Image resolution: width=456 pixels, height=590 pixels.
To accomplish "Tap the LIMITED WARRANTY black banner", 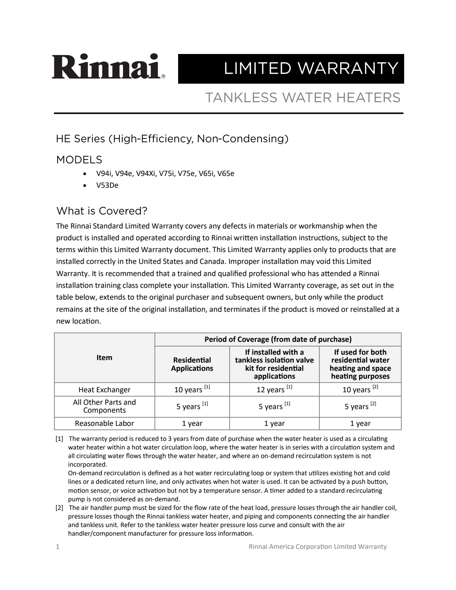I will point(291,69).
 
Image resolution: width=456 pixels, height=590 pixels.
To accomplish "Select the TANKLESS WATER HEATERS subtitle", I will point(303,98).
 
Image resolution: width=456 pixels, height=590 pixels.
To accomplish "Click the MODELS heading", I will point(79,160).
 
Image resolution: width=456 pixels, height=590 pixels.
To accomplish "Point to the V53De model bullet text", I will point(107,185).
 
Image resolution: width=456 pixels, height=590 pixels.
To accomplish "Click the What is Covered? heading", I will point(102,211).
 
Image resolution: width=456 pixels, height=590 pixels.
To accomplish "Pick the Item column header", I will point(104,358).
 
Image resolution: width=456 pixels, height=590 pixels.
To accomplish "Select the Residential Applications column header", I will point(192,364).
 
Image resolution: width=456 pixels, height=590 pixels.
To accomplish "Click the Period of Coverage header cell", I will point(278,339).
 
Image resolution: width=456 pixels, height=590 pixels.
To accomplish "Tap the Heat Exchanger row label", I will point(104,390).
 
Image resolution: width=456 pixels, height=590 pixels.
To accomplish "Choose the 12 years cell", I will point(274,389).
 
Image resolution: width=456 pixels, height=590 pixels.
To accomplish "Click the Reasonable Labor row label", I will point(104,423).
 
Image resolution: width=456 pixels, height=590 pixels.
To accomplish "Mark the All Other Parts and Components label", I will point(104,406).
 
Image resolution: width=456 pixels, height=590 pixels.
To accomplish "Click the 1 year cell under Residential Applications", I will point(192,423).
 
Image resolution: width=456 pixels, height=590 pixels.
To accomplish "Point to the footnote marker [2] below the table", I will point(59,508).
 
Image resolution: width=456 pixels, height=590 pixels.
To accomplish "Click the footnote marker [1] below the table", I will point(59,439).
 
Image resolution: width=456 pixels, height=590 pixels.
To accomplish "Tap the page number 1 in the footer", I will point(58,547).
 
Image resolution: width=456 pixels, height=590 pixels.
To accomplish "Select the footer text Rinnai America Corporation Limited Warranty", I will point(318,547).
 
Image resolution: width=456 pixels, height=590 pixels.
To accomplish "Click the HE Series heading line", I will point(172,139).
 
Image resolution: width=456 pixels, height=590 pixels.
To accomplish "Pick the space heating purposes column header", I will point(360,364).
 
